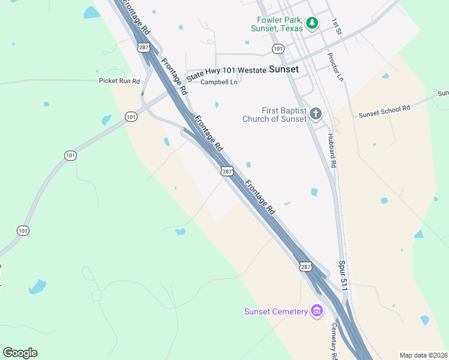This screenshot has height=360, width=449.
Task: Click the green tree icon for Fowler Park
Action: coord(312,23)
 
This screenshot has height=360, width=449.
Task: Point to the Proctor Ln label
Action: coord(336,67)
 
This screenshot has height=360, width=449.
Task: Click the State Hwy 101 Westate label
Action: coord(226,71)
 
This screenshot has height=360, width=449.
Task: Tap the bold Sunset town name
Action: coord(283,69)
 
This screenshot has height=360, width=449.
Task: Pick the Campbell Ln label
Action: coord(219,82)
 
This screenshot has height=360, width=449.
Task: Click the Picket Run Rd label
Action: coord(119,81)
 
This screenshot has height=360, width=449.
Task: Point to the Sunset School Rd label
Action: coord(384,111)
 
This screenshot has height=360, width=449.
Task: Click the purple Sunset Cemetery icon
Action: coord(317,311)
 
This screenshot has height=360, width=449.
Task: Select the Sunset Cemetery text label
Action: coord(276,311)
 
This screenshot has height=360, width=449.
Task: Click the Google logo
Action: coord(20,353)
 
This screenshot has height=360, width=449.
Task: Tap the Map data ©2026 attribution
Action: coord(423,355)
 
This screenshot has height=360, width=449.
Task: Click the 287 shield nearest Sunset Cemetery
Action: coord(306,266)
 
